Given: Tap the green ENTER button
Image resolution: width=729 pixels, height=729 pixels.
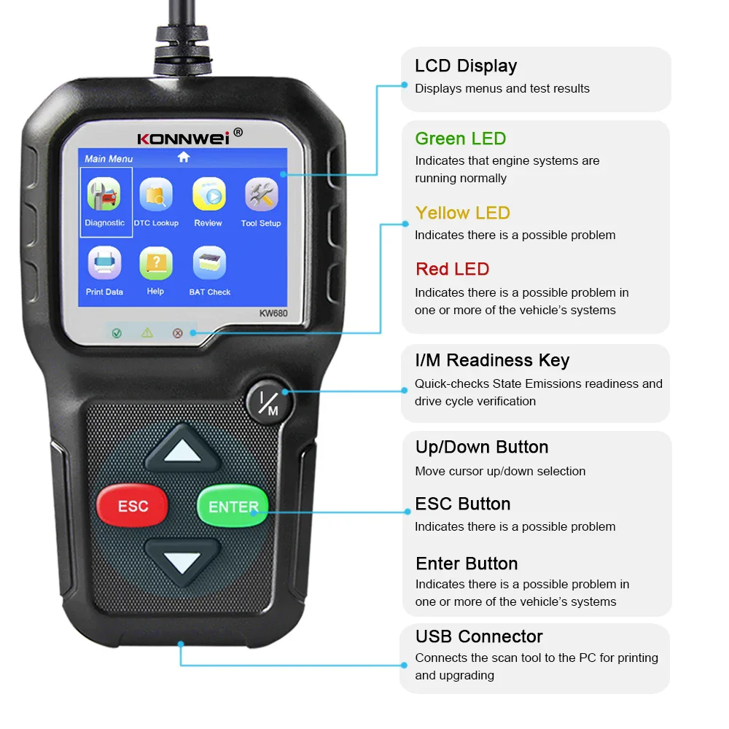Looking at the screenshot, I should [233, 506].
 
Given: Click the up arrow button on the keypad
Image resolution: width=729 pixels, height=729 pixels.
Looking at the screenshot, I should [182, 452].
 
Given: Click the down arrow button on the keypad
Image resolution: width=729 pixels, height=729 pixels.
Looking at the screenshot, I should [182, 561].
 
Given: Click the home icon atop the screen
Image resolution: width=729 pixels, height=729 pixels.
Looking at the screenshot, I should [184, 157].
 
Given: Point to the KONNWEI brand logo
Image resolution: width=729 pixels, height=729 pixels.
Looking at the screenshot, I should [184, 137].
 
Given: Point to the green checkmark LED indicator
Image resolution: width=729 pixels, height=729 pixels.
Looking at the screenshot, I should [117, 333].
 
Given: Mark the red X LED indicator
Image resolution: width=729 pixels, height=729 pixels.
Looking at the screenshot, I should [177, 333].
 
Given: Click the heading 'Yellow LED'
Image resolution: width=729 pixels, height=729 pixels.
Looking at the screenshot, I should [462, 213].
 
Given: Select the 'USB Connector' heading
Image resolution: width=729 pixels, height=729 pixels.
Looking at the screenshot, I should [479, 636].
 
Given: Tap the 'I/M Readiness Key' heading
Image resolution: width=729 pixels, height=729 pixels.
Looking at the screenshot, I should [492, 360].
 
